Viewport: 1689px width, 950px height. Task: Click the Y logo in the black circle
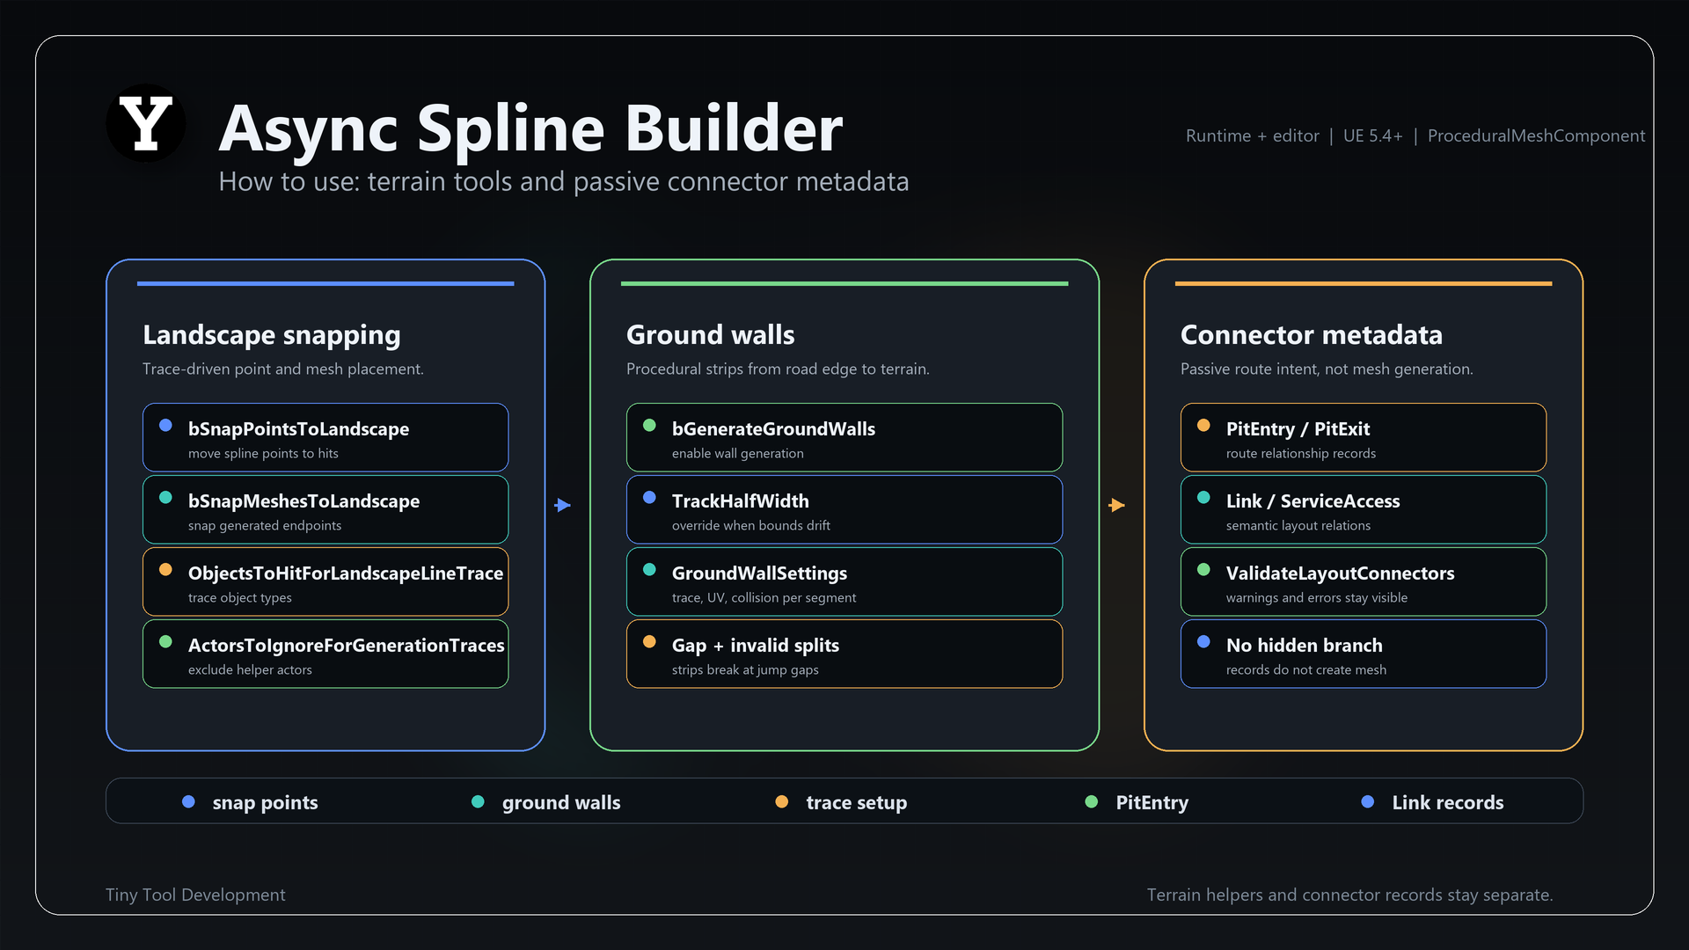click(x=146, y=123)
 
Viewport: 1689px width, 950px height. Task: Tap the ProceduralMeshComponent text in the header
click(x=1536, y=135)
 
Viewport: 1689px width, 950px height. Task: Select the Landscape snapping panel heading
click(x=272, y=335)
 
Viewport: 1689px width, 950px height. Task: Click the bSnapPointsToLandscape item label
click(x=298, y=428)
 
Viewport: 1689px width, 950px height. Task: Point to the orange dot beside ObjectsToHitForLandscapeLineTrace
click(x=165, y=569)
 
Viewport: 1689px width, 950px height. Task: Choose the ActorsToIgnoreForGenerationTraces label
click(x=347, y=645)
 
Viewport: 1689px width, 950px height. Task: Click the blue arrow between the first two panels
click(x=563, y=505)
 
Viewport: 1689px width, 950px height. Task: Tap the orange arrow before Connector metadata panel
click(x=1117, y=505)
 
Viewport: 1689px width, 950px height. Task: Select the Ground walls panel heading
click(x=710, y=335)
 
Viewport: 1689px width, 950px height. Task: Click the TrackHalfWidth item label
click(x=740, y=501)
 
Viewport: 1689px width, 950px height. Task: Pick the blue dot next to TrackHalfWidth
click(x=649, y=497)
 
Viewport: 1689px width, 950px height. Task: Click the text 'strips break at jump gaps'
click(x=745, y=669)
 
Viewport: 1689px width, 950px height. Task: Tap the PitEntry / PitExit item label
click(x=1298, y=428)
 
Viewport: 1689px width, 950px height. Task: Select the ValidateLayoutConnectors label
click(x=1340, y=573)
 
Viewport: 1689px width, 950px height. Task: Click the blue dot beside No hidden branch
click(x=1203, y=641)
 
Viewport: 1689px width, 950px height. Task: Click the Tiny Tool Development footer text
click(x=195, y=895)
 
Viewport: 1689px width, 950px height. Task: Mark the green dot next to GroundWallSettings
click(x=649, y=569)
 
